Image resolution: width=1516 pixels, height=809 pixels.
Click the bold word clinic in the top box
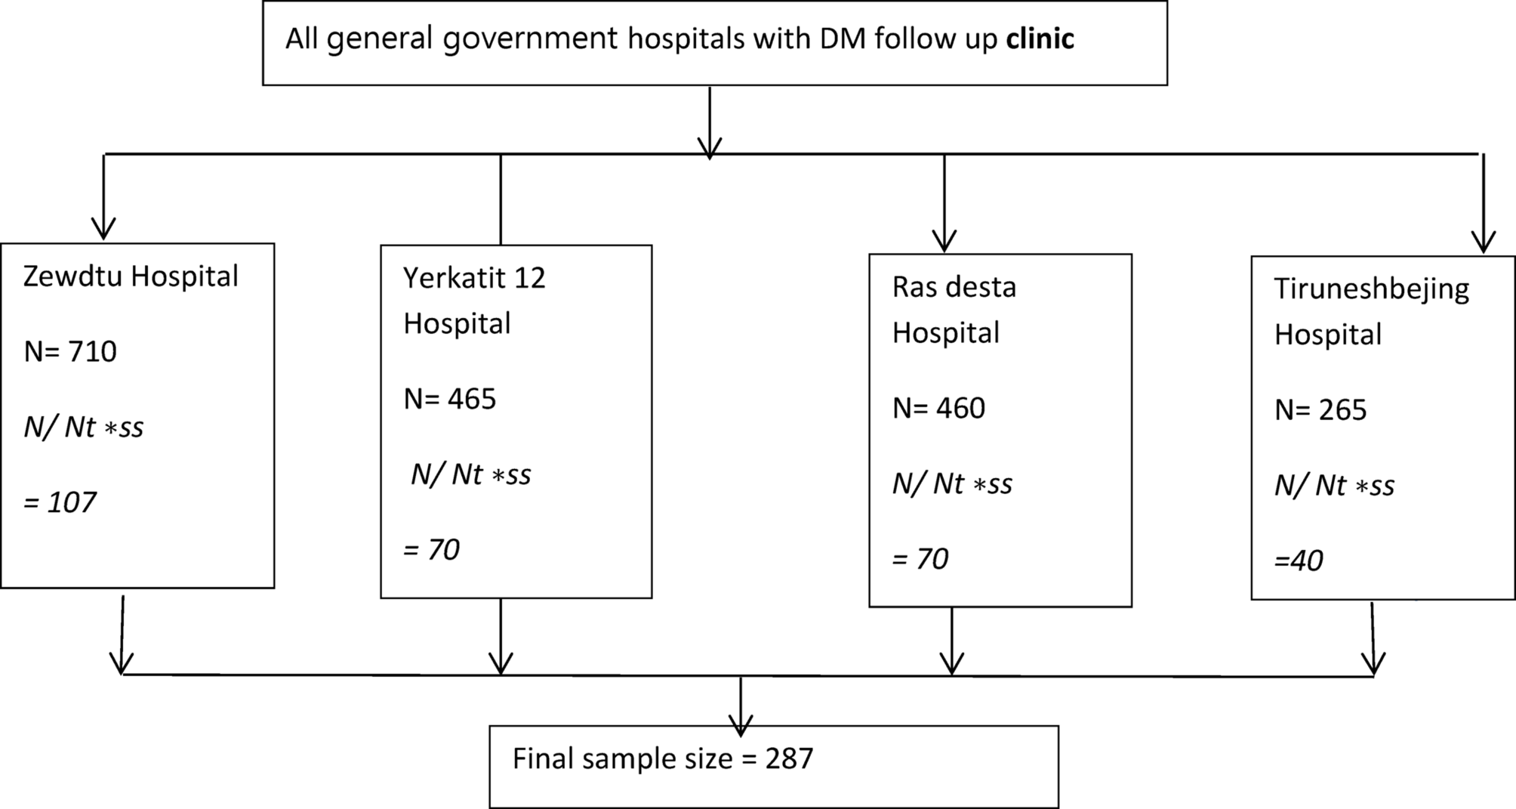(1040, 39)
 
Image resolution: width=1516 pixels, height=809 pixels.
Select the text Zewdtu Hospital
(131, 277)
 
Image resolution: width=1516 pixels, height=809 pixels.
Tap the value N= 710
(70, 352)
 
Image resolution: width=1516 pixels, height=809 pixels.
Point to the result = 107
(60, 502)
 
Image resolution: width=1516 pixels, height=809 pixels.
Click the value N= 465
(450, 399)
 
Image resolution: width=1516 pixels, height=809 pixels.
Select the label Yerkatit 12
(474, 278)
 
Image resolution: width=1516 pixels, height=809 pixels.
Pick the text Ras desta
(954, 287)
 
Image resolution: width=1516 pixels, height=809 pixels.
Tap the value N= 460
(938, 408)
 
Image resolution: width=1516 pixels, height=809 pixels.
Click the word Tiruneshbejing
(1371, 289)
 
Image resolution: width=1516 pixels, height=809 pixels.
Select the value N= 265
(1320, 409)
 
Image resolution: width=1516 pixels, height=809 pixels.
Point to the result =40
(1299, 560)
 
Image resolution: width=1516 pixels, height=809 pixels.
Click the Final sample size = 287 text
(663, 758)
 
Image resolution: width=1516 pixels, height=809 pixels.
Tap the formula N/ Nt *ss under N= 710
(83, 428)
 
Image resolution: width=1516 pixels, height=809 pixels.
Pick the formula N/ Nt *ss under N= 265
(1334, 485)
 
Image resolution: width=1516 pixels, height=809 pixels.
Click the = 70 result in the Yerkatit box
(431, 549)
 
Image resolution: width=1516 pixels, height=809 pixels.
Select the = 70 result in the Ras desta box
(920, 559)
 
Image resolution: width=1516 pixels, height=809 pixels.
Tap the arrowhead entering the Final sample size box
(741, 726)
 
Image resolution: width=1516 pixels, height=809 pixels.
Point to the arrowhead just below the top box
(710, 148)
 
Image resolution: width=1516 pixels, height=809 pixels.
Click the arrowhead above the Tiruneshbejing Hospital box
(1484, 242)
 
